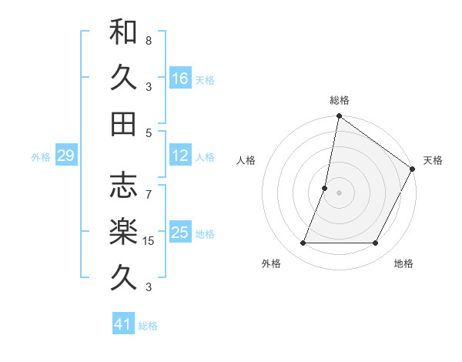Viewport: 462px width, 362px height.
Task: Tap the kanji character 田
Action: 123,123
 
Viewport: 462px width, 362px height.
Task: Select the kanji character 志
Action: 123,186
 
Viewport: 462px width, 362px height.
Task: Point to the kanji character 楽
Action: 123,232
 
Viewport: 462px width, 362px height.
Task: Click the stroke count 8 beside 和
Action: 149,40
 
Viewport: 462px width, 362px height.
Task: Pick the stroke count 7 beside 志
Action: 149,186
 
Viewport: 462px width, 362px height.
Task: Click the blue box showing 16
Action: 180,78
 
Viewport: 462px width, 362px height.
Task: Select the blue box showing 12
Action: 180,156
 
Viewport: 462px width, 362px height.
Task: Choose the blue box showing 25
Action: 180,233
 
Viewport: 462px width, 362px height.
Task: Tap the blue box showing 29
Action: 65,156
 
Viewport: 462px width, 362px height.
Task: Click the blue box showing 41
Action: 123,324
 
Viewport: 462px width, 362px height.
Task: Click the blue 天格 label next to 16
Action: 205,80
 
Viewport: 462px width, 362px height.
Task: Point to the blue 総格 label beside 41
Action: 148,326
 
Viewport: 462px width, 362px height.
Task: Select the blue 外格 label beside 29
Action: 41,157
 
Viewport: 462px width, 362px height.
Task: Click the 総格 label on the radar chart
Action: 340,100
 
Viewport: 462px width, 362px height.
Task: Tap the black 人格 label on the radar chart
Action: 246,160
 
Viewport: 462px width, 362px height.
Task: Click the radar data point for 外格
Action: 303,243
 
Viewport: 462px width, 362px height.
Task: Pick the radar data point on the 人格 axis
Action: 325,188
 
